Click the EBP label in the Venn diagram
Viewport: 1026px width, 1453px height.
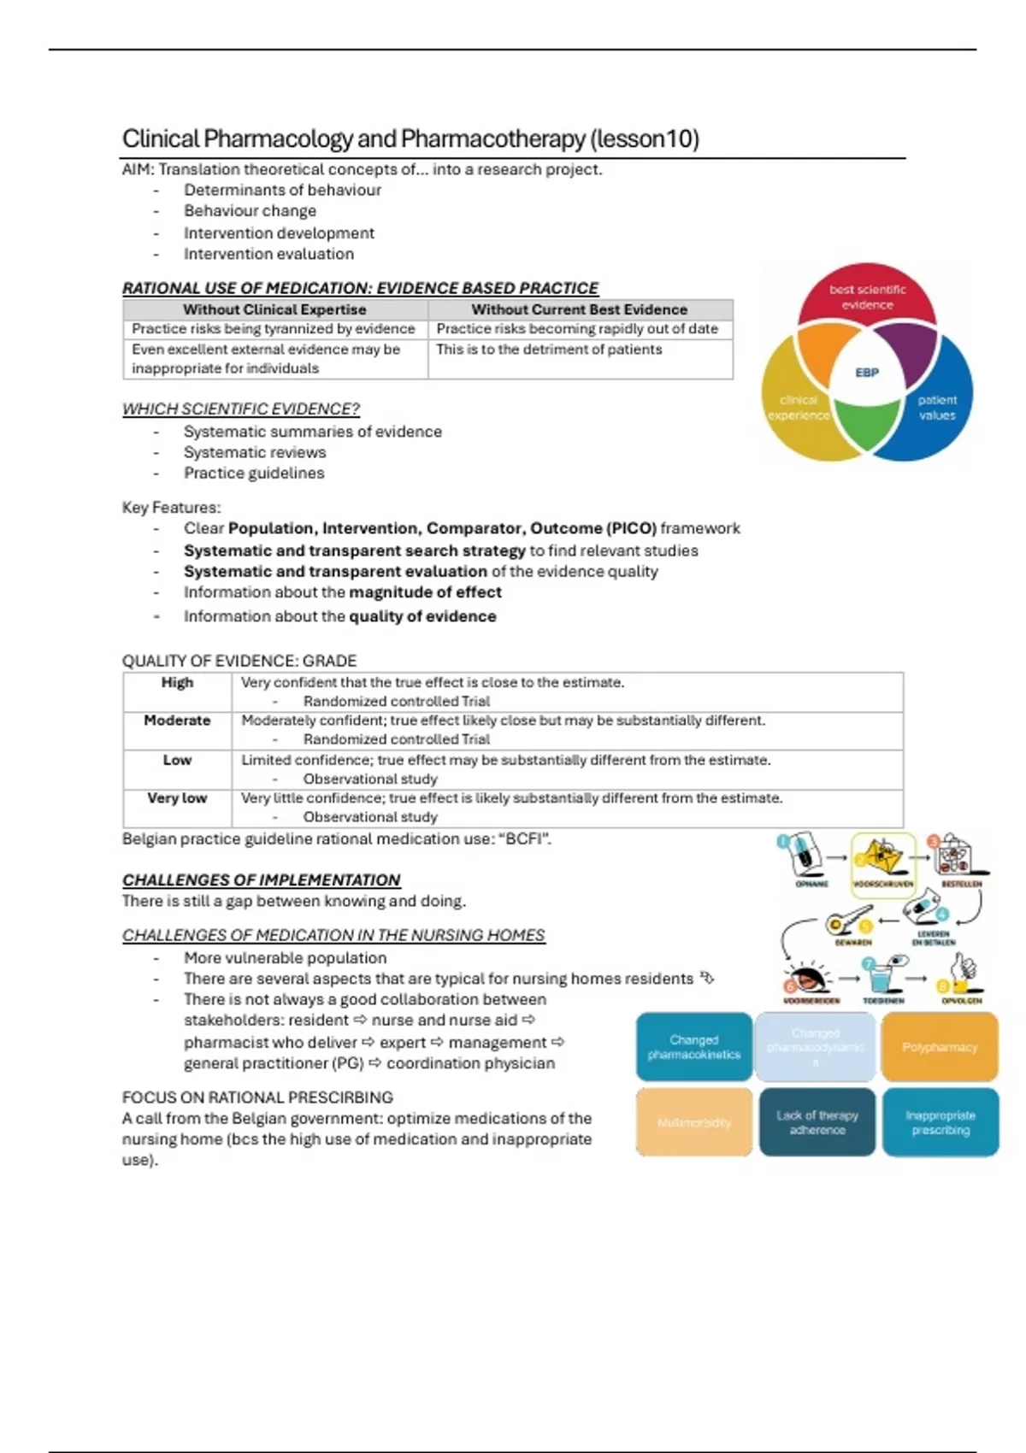pyautogui.click(x=866, y=373)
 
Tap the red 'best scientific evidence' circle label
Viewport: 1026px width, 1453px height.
pyautogui.click(x=867, y=297)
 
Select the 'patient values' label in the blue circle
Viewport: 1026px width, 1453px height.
pyautogui.click(x=937, y=408)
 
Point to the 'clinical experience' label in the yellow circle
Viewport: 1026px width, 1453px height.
pyautogui.click(x=799, y=408)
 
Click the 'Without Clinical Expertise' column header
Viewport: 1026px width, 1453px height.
pyautogui.click(x=274, y=309)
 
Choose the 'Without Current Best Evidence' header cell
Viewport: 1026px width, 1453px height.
pyautogui.click(x=579, y=309)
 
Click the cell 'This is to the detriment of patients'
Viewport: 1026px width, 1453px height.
pyautogui.click(x=549, y=350)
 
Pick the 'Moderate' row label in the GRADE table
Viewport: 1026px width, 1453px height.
pyautogui.click(x=177, y=721)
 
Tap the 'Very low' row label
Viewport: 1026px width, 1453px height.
pyautogui.click(x=177, y=798)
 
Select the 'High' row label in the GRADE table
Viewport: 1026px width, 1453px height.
pyautogui.click(x=177, y=682)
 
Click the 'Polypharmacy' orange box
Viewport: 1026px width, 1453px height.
pyautogui.click(x=939, y=1047)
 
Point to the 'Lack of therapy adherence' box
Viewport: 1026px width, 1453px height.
pyautogui.click(x=817, y=1122)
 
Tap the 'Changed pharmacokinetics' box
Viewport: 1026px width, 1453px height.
pyautogui.click(x=693, y=1047)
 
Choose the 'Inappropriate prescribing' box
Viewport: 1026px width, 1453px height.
pyautogui.click(x=940, y=1122)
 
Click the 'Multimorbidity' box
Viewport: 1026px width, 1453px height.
pyautogui.click(x=693, y=1122)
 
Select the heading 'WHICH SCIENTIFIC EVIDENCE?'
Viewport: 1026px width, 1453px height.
pyautogui.click(x=241, y=409)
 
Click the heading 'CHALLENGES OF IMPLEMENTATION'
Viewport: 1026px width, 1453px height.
pyautogui.click(x=261, y=880)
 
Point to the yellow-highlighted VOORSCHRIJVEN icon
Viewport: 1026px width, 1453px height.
pyautogui.click(x=882, y=864)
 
